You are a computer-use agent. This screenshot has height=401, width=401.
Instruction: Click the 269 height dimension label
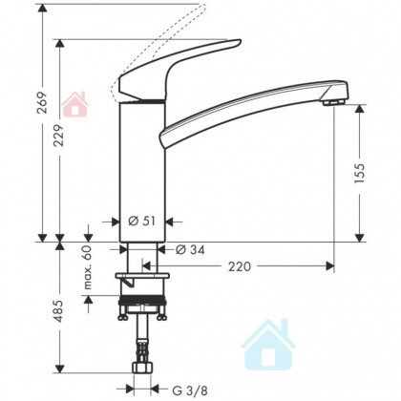tap(42, 102)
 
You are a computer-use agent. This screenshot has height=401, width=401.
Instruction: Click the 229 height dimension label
tap(58, 136)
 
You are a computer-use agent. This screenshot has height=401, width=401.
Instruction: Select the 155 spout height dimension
tap(359, 174)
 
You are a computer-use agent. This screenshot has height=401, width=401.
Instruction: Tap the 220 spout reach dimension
tap(240, 266)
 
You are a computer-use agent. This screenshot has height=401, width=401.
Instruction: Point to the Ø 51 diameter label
tap(142, 221)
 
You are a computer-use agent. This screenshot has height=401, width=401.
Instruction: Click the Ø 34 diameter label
tap(190, 249)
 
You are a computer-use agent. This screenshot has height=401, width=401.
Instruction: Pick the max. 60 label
tap(88, 267)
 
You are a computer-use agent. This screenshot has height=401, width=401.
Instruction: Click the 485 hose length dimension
tap(58, 311)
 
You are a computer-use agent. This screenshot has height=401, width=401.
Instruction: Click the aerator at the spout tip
tap(333, 102)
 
